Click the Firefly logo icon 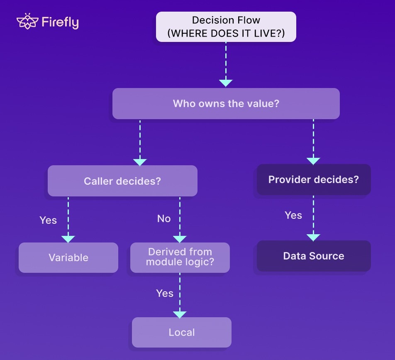pyautogui.click(x=27, y=22)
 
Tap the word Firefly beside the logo pyautogui.click(x=60, y=22)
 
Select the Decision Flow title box pyautogui.click(x=226, y=27)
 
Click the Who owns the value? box pyautogui.click(x=226, y=103)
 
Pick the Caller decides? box pyautogui.click(x=122, y=181)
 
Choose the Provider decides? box pyautogui.click(x=314, y=180)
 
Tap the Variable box pyautogui.click(x=68, y=257)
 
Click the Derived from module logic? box pyautogui.click(x=180, y=257)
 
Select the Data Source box pyautogui.click(x=314, y=256)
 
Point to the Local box pyautogui.click(x=182, y=332)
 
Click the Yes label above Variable pyautogui.click(x=48, y=220)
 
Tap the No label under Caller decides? pyautogui.click(x=164, y=219)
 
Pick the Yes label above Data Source pyautogui.click(x=293, y=215)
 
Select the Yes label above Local pyautogui.click(x=165, y=293)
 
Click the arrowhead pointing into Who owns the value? pyautogui.click(x=226, y=83)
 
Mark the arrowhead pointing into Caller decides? pyautogui.click(x=140, y=162)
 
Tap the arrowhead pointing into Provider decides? pyautogui.click(x=313, y=161)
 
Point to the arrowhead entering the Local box pyautogui.click(x=180, y=314)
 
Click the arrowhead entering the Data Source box pyautogui.click(x=313, y=237)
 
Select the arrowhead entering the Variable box pyautogui.click(x=68, y=239)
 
